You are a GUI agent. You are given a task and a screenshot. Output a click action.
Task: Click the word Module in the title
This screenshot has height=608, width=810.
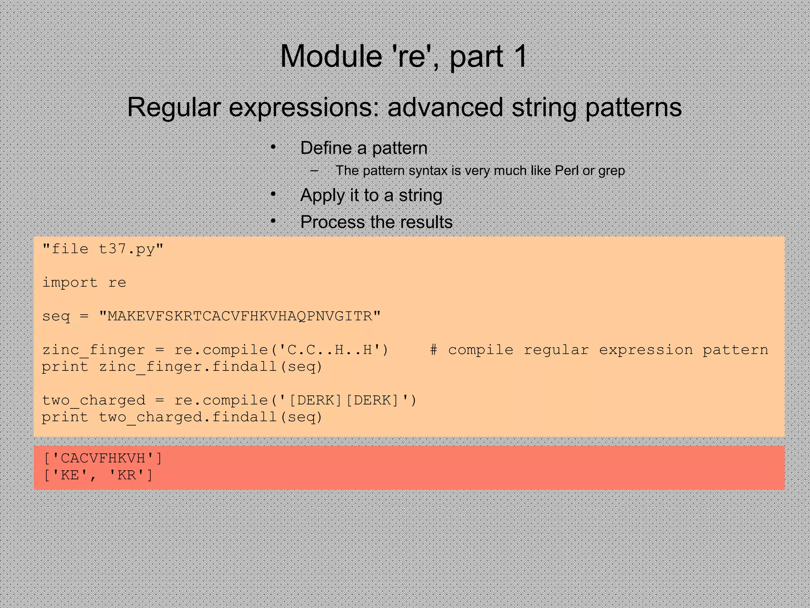click(x=330, y=57)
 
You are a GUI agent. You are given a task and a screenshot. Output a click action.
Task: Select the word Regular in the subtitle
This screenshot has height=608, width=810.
click(x=174, y=107)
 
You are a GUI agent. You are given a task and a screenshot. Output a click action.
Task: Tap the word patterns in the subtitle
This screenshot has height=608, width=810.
click(x=633, y=107)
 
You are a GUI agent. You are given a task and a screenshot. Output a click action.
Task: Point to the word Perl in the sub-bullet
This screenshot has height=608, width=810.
click(x=567, y=171)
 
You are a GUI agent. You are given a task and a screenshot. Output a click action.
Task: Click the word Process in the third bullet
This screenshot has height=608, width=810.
click(x=333, y=222)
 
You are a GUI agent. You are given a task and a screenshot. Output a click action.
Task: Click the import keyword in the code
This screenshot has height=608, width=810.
click(x=70, y=283)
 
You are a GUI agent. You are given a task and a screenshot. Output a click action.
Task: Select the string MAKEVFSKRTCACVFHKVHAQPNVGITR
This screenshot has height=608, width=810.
click(x=240, y=316)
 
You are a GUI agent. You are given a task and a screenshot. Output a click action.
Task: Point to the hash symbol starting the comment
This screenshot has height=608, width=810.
click(x=433, y=350)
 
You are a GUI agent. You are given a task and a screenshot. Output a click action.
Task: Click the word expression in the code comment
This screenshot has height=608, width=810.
click(x=645, y=350)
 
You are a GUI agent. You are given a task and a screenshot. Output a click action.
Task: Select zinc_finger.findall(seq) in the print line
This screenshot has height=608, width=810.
click(x=210, y=367)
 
